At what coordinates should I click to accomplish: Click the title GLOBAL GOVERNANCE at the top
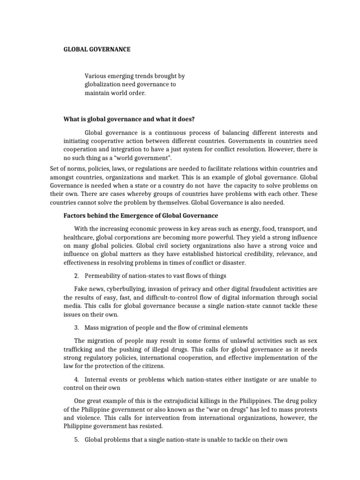click(97, 48)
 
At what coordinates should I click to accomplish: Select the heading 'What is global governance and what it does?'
click(129, 119)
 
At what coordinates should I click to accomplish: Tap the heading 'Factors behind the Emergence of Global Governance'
click(141, 215)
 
